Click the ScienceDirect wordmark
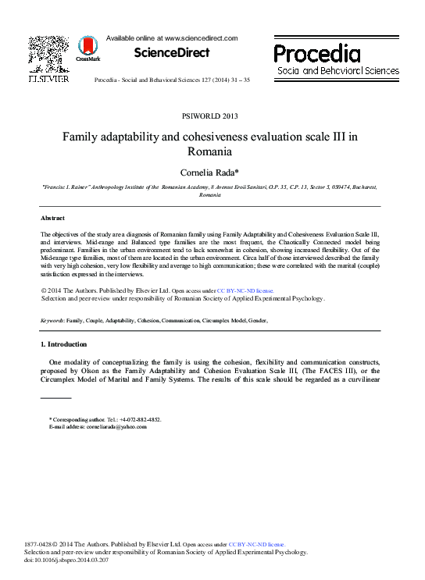[172, 53]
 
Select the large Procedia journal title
[317, 53]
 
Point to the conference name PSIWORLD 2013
[211, 116]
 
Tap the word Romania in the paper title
[211, 151]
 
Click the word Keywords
[52, 321]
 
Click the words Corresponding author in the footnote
[76, 419]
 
